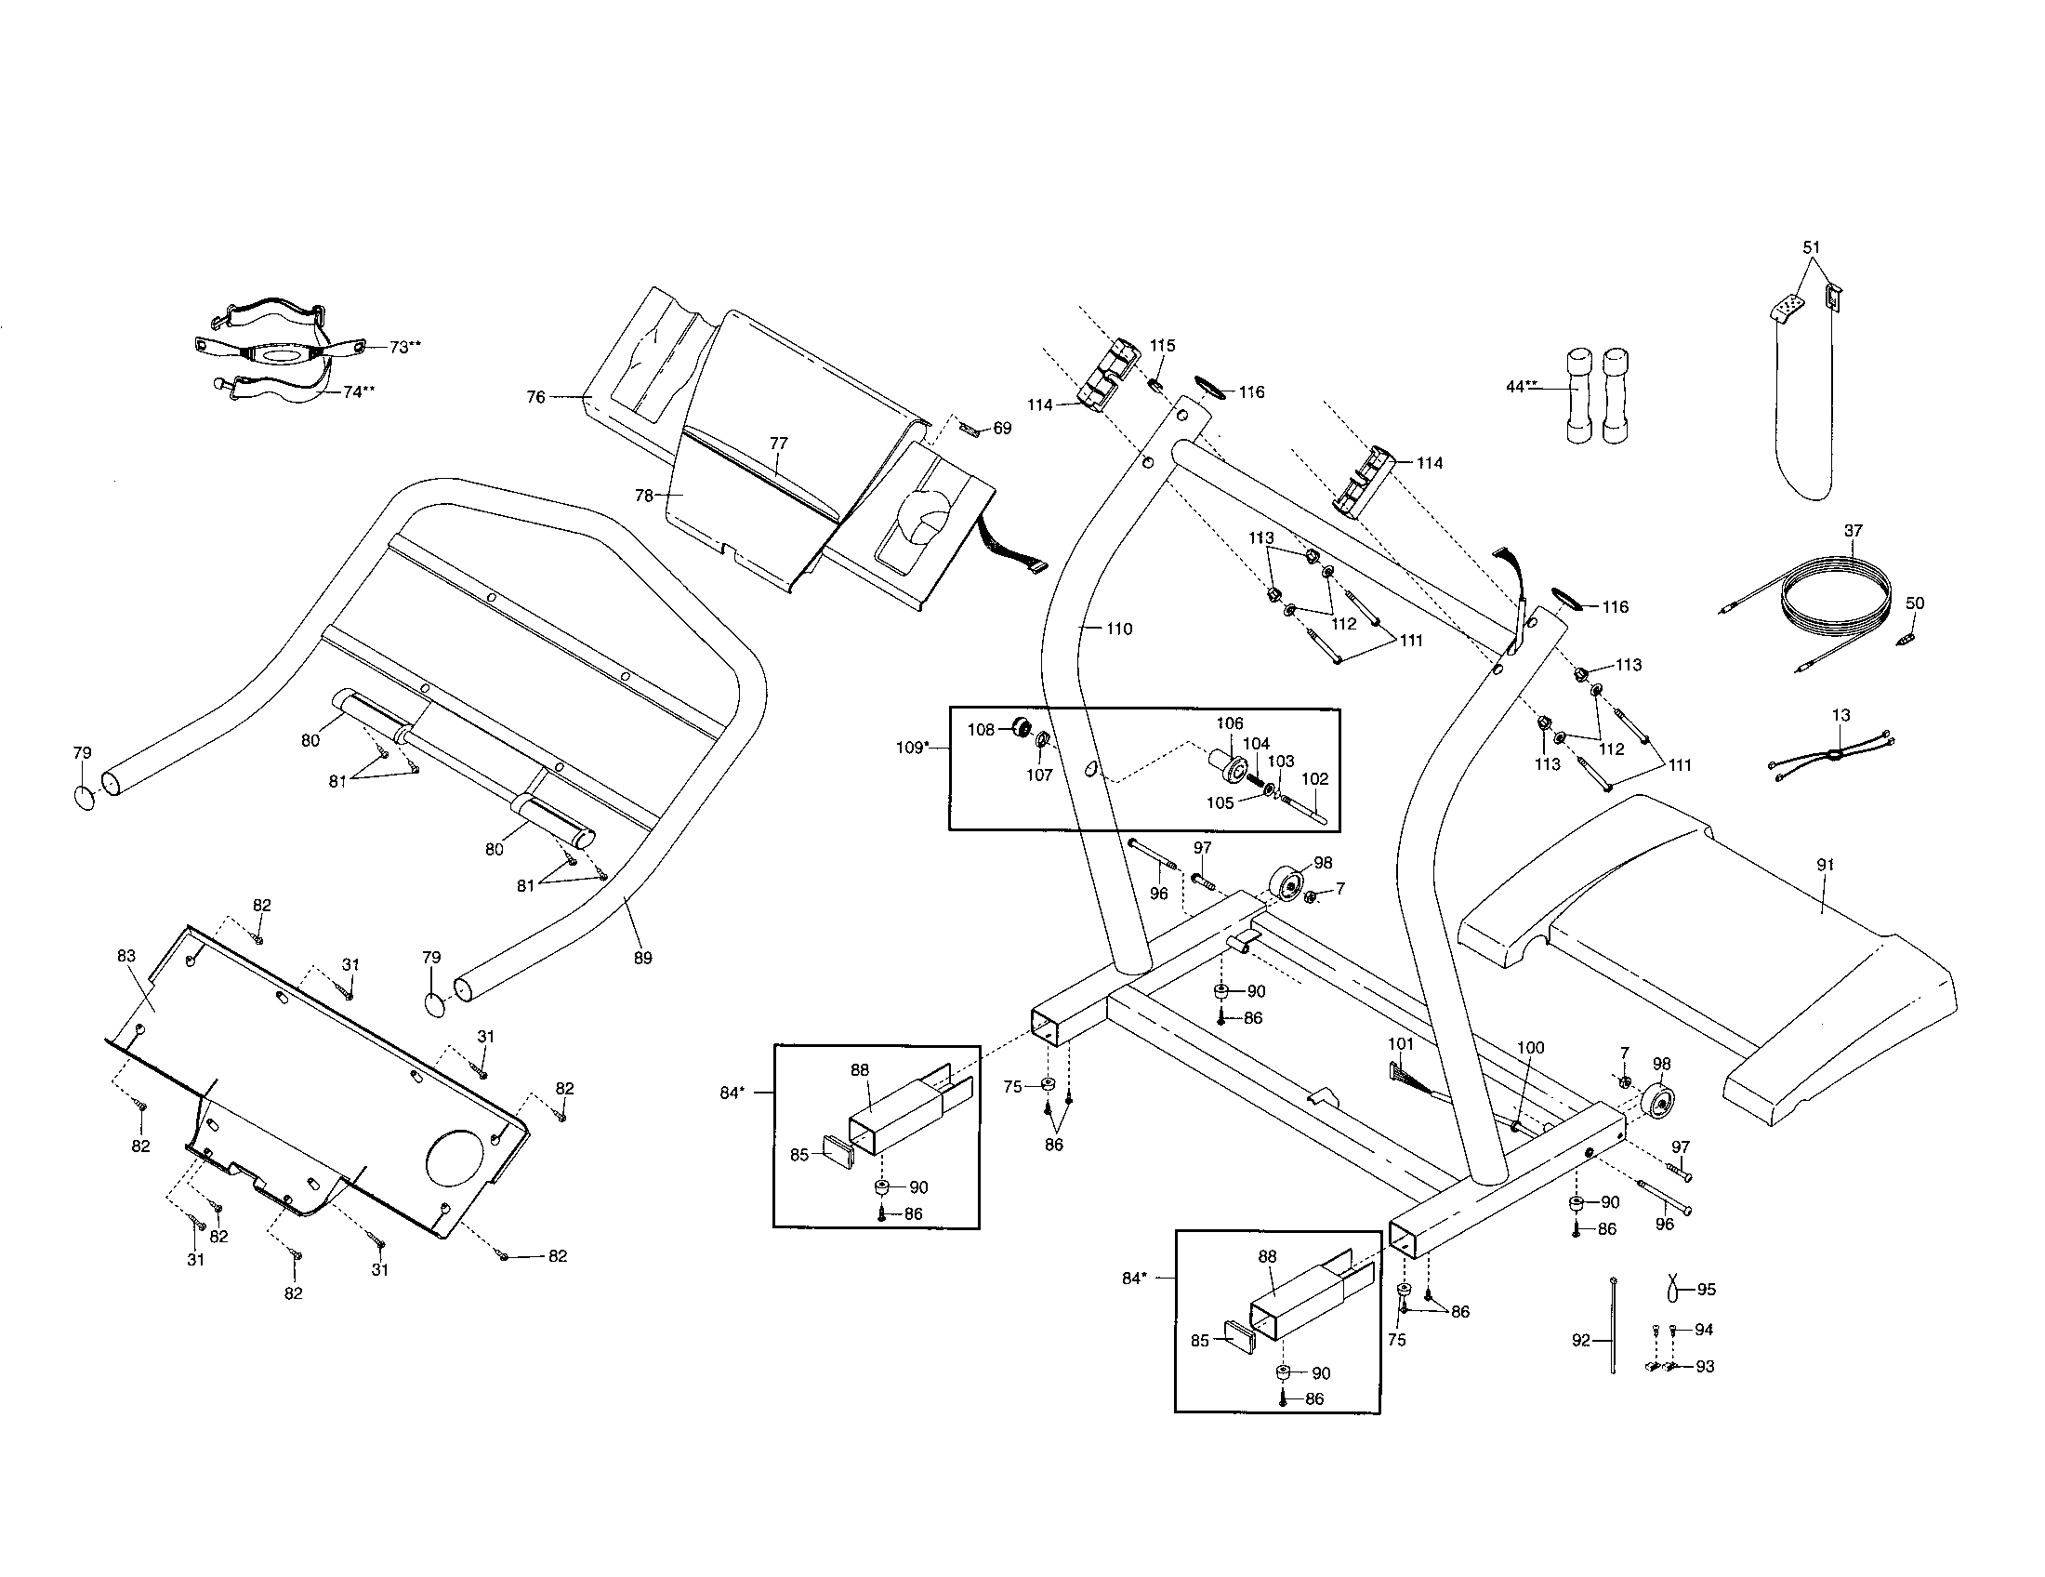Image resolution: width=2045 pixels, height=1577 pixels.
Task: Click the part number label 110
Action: point(1119,629)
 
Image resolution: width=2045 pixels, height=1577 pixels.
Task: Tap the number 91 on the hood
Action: point(1825,866)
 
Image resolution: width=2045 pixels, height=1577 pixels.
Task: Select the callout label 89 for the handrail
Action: point(642,958)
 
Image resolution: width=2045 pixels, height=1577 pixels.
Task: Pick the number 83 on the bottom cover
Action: point(126,955)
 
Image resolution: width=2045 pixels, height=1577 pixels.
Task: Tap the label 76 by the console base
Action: point(535,397)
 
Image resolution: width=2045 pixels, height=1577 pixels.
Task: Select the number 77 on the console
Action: point(779,444)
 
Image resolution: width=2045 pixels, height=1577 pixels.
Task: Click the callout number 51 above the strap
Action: point(1812,247)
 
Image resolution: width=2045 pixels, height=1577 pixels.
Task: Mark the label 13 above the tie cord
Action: point(1840,715)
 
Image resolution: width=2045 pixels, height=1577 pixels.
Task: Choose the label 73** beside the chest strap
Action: point(405,347)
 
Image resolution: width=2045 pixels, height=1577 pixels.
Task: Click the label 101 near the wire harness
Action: point(1401,1043)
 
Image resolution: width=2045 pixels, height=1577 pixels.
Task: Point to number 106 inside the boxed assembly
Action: point(1230,723)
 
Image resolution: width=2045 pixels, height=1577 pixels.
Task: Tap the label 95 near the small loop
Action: point(1706,1290)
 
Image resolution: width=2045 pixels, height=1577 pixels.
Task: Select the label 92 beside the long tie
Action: point(1580,1341)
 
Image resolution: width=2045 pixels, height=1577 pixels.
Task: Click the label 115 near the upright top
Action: point(1162,346)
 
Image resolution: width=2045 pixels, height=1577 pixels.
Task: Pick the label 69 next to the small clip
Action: point(1002,428)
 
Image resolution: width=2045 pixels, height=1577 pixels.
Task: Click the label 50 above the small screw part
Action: point(1915,603)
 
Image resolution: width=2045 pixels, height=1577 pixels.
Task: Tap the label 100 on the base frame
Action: point(1530,1048)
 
